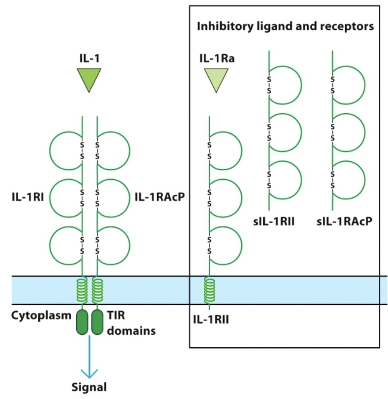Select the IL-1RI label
(x=27, y=197)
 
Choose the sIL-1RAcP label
(x=345, y=223)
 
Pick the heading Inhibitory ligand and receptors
(x=285, y=26)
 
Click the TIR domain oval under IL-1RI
(x=82, y=322)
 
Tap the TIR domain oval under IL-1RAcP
(x=97, y=322)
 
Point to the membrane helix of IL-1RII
(x=209, y=290)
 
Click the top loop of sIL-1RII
(x=285, y=85)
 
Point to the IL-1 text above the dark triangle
(x=89, y=59)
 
